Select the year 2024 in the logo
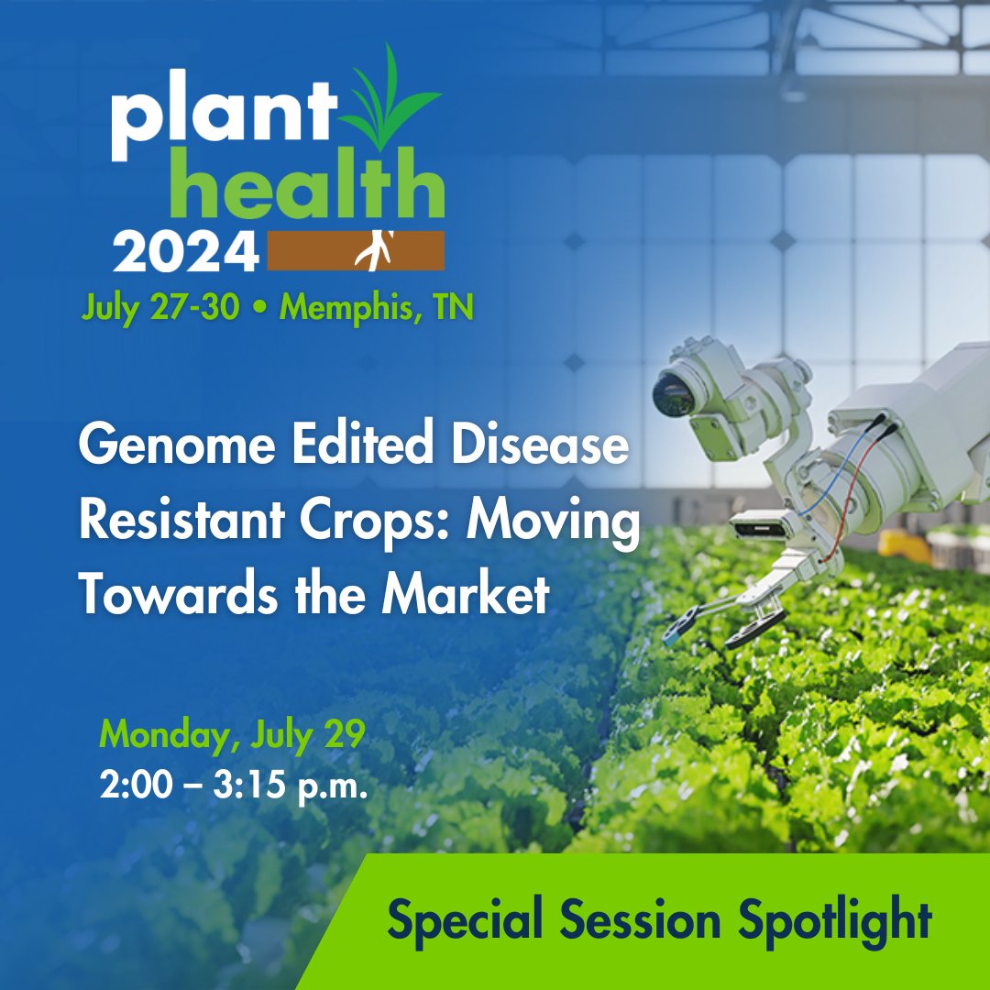pos(185,250)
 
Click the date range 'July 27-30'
pos(160,307)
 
